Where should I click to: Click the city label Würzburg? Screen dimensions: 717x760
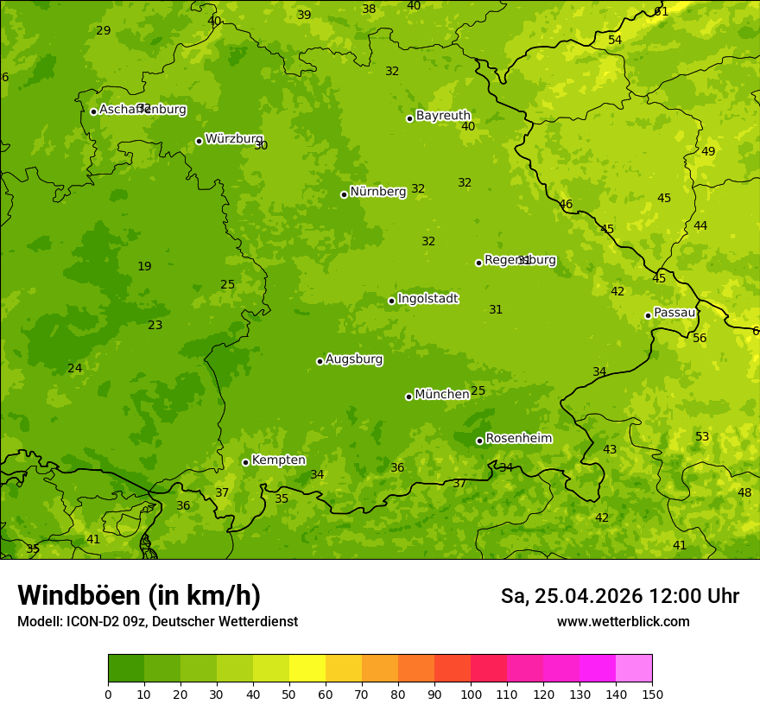(234, 139)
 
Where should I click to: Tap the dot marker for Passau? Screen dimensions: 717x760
(648, 315)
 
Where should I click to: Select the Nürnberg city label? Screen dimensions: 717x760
(377, 192)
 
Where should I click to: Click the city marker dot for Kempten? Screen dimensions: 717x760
(245, 462)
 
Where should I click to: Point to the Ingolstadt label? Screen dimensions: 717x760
(427, 299)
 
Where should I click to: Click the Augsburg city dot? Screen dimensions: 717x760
(320, 361)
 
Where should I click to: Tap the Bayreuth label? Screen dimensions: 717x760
(443, 116)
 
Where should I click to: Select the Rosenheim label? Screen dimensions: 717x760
(518, 439)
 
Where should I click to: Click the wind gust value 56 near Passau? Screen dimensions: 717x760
(700, 338)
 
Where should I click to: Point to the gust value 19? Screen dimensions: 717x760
(144, 266)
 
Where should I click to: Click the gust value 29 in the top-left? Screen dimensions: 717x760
(104, 30)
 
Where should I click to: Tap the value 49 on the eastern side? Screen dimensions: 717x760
(708, 151)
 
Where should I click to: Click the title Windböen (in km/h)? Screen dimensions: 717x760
(139, 595)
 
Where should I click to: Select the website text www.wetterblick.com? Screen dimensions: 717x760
(624, 622)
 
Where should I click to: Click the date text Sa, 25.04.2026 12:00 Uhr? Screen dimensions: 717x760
(620, 596)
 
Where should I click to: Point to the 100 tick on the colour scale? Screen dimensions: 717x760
(471, 695)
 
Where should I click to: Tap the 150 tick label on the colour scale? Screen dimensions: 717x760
(652, 695)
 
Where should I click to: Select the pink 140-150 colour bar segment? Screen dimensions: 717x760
(634, 669)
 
